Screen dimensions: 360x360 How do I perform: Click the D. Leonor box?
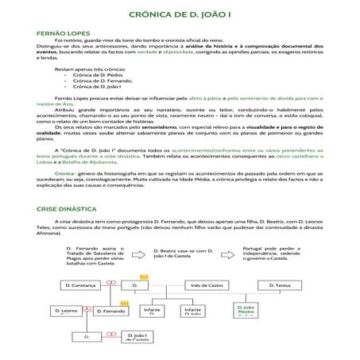(x=68, y=311)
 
